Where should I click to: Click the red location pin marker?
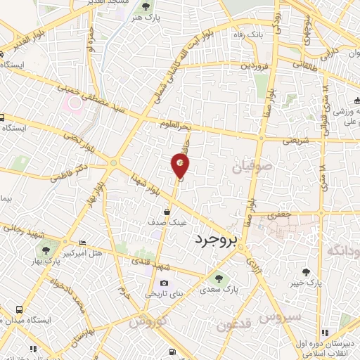coord(181,166)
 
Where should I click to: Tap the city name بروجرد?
coord(219,240)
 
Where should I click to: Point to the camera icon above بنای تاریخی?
coord(165,283)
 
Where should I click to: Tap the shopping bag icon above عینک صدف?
coord(167,210)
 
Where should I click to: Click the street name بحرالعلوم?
coord(175,125)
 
